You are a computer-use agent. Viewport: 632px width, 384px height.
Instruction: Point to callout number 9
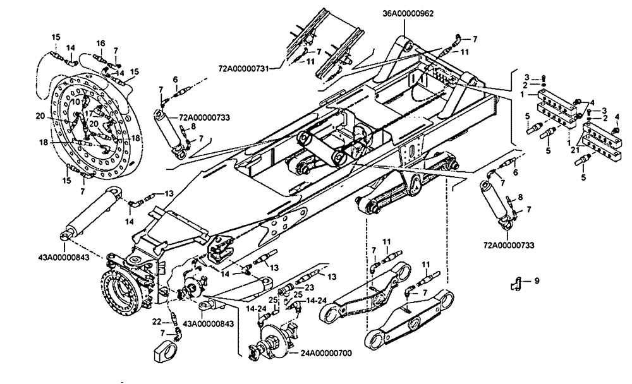(537, 280)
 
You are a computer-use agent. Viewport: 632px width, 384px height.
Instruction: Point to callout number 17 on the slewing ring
(88, 114)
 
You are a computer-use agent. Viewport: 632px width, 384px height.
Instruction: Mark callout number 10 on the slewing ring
(75, 102)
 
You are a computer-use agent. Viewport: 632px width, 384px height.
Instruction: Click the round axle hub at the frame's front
(120, 294)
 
